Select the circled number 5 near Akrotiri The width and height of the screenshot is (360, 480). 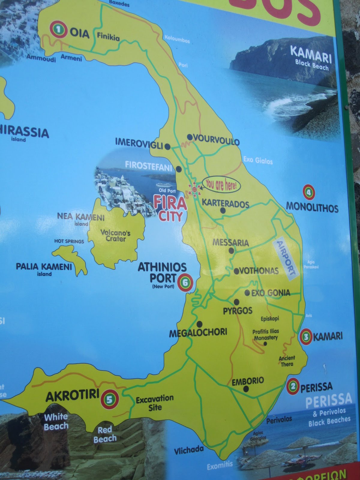point(109,399)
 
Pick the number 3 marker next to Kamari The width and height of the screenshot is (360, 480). point(306,337)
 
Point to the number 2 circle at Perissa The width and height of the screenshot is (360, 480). point(293,386)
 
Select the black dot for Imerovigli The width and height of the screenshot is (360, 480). point(168,147)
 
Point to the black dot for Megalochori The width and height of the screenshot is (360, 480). point(199,324)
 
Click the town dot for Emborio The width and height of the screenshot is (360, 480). point(246,389)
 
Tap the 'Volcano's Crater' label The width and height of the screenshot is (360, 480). point(115,235)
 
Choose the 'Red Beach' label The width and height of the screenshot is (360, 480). point(105,434)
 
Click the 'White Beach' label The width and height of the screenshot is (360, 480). point(56,421)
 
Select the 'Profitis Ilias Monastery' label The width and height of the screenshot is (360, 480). point(266,334)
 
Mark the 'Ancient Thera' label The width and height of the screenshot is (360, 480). point(287,361)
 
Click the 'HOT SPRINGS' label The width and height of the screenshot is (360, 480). point(69,241)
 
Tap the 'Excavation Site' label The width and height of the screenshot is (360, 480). point(155,403)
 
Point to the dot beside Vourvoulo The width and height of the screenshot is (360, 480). point(190,137)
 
